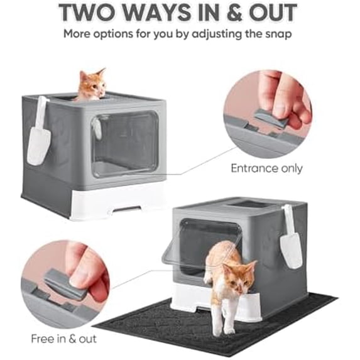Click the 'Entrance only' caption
[x=266, y=168]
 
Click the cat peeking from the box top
[x=92, y=84]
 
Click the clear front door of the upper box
[x=124, y=144]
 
